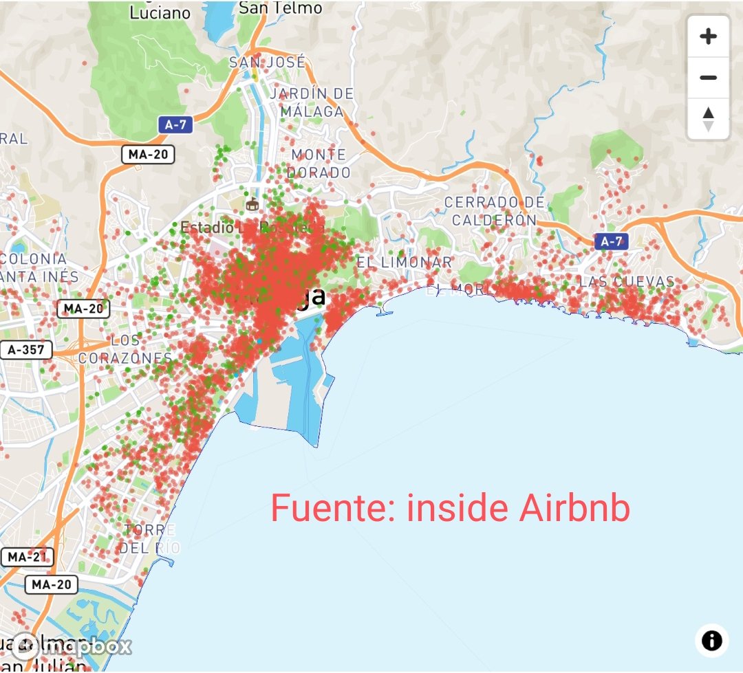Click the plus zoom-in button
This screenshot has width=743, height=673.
708,36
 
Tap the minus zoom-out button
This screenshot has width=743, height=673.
708,78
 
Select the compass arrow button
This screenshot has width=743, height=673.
708,118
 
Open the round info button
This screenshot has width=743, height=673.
711,641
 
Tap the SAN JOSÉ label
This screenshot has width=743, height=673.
267,63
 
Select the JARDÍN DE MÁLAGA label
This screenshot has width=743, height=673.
312,102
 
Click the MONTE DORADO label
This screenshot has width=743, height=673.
319,164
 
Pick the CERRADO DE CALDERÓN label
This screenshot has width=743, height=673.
494,211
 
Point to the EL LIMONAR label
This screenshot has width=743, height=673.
404,262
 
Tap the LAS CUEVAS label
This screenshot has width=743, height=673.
627,282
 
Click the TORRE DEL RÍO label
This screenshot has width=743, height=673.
149,539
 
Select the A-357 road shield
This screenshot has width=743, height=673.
26,349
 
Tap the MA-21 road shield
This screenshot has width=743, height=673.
27,557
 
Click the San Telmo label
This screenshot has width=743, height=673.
281,8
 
